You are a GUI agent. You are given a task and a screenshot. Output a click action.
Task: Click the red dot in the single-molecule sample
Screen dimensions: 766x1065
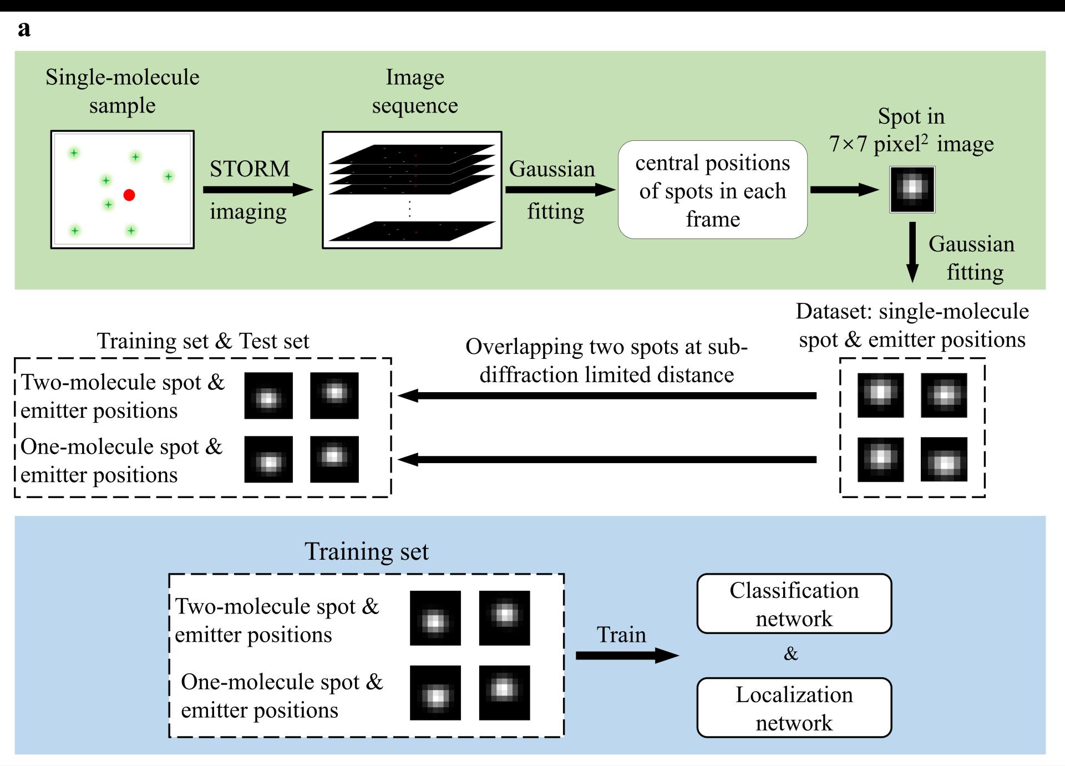[129, 195]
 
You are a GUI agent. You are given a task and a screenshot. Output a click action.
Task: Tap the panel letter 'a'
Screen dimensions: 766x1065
[24, 29]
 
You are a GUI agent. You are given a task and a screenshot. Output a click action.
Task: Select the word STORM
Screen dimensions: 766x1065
[250, 169]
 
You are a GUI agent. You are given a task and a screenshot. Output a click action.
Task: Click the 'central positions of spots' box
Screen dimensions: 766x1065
[712, 190]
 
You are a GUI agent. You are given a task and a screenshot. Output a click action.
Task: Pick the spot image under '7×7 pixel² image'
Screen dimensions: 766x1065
[912, 189]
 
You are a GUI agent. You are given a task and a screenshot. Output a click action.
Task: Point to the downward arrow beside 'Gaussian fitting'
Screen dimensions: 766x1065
[912, 252]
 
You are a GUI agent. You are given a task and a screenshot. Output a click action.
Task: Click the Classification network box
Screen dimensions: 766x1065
[794, 603]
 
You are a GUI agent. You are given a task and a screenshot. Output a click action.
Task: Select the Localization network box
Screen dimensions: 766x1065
[794, 708]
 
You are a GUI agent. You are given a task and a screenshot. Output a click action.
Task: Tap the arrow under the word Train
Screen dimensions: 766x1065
[627, 656]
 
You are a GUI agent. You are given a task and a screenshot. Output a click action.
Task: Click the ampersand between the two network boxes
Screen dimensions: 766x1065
[791, 654]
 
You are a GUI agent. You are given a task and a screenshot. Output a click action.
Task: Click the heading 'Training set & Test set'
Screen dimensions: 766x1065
[203, 341]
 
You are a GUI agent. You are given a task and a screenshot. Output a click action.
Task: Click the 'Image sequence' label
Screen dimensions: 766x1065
[415, 91]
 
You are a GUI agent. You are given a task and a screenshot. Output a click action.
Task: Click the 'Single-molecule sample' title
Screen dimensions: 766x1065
[123, 91]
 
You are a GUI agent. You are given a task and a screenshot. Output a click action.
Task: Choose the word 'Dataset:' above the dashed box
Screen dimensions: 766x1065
[834, 312]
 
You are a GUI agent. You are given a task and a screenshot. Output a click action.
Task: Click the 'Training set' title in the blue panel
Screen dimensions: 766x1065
[367, 552]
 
